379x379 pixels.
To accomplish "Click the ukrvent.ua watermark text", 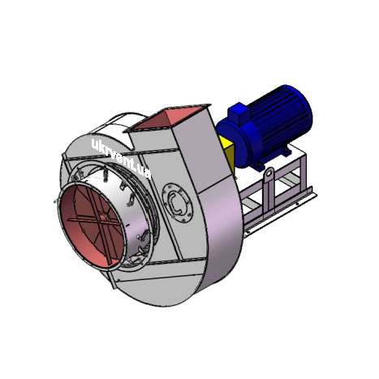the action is pyautogui.click(x=121, y=159).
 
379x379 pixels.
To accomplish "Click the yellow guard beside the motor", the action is pyautogui.click(x=227, y=152).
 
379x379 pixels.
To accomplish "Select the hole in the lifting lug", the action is pyautogui.click(x=269, y=174).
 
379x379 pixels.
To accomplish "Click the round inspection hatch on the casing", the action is pyautogui.click(x=178, y=203).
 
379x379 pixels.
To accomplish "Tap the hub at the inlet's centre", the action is pyautogui.click(x=103, y=217).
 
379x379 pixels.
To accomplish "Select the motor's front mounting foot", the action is pyautogui.click(x=259, y=167).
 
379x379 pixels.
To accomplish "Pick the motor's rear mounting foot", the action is pyautogui.click(x=286, y=152).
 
